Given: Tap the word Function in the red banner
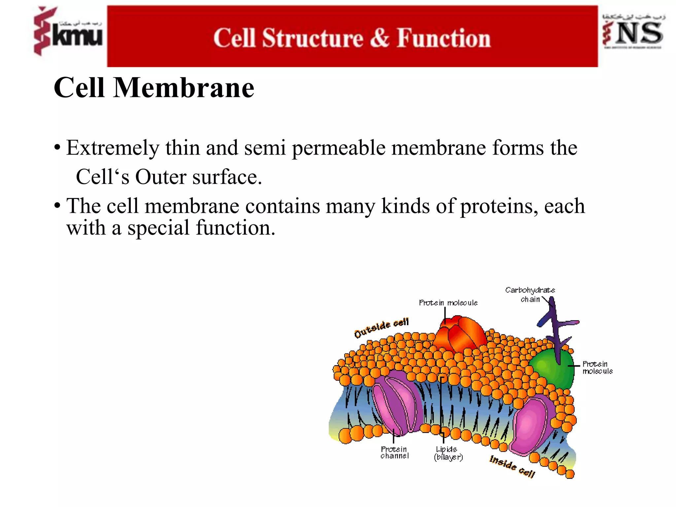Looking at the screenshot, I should [x=444, y=38].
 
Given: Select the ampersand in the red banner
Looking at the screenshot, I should [x=380, y=38].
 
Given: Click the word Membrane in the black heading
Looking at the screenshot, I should [x=184, y=88].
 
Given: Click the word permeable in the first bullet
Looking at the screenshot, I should [x=339, y=148].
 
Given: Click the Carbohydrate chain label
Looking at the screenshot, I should [x=530, y=295].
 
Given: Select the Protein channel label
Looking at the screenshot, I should [x=394, y=453].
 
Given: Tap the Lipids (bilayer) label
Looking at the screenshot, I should [x=448, y=453].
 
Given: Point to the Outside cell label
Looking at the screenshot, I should [x=381, y=327].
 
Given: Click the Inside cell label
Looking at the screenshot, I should [x=512, y=466].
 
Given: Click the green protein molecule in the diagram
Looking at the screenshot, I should [x=551, y=370].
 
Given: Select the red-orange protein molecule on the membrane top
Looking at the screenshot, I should [x=460, y=333].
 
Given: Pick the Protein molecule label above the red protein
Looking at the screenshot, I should [x=448, y=303].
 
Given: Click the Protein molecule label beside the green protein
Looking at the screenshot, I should [x=597, y=367].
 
